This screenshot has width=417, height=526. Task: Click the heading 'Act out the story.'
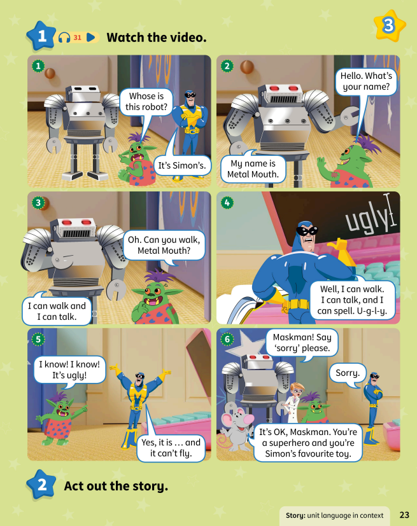tap(116, 487)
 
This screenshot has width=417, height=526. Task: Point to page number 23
tap(404, 515)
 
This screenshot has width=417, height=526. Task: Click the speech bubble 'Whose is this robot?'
tap(146, 102)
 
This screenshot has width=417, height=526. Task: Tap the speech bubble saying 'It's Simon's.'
tap(174, 167)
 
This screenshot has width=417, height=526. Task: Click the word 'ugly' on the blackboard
tap(366, 219)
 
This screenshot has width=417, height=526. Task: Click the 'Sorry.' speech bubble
tap(348, 373)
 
